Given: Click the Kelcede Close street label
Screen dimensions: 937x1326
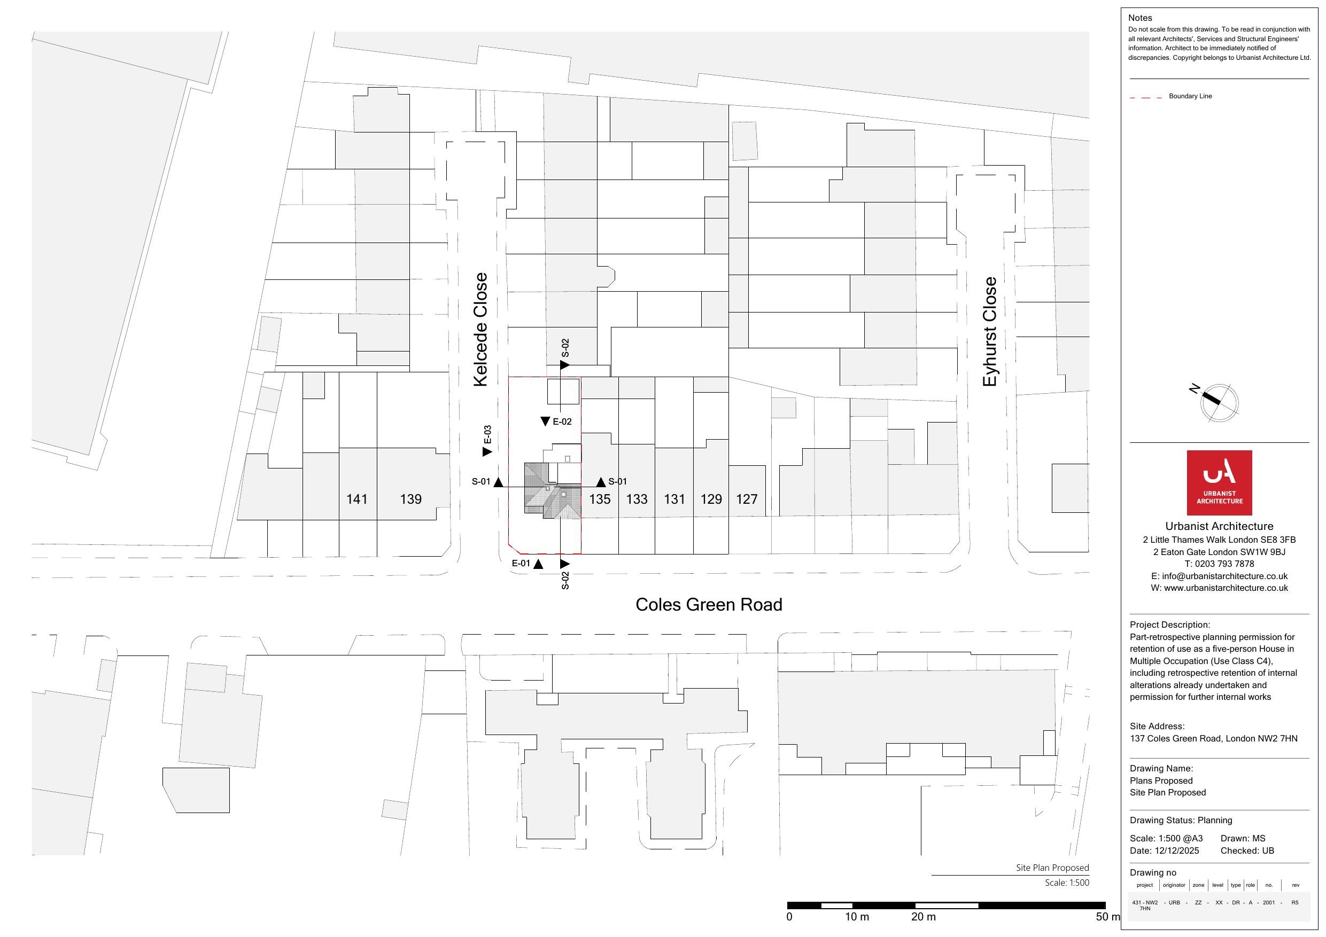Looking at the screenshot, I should coord(480,329).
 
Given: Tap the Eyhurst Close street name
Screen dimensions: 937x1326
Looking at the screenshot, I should coord(990,331).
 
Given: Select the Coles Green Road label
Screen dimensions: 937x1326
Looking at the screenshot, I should coord(709,605).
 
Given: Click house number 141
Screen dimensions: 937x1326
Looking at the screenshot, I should coord(356,499).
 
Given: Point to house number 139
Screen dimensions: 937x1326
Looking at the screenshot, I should coord(410,499).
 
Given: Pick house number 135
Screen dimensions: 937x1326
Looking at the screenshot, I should coord(600,499).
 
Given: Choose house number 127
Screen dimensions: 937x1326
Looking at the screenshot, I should coord(746,499).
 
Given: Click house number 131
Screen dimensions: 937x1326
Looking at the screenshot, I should coord(674,499).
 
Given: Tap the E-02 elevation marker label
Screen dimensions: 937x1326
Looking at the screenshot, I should coord(562,421).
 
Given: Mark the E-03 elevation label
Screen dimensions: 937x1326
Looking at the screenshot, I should coord(487,435).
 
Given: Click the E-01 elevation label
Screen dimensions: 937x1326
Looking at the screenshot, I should coord(521,564).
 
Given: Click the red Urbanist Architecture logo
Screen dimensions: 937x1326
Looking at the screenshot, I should coord(1219,482).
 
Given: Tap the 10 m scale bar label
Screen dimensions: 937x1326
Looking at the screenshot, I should coord(857,917).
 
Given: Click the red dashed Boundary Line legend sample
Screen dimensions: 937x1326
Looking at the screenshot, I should coord(1146,98).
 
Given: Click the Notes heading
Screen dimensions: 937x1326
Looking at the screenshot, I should coord(1140,18).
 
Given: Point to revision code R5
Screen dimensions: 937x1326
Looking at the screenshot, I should coord(1295,902).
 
